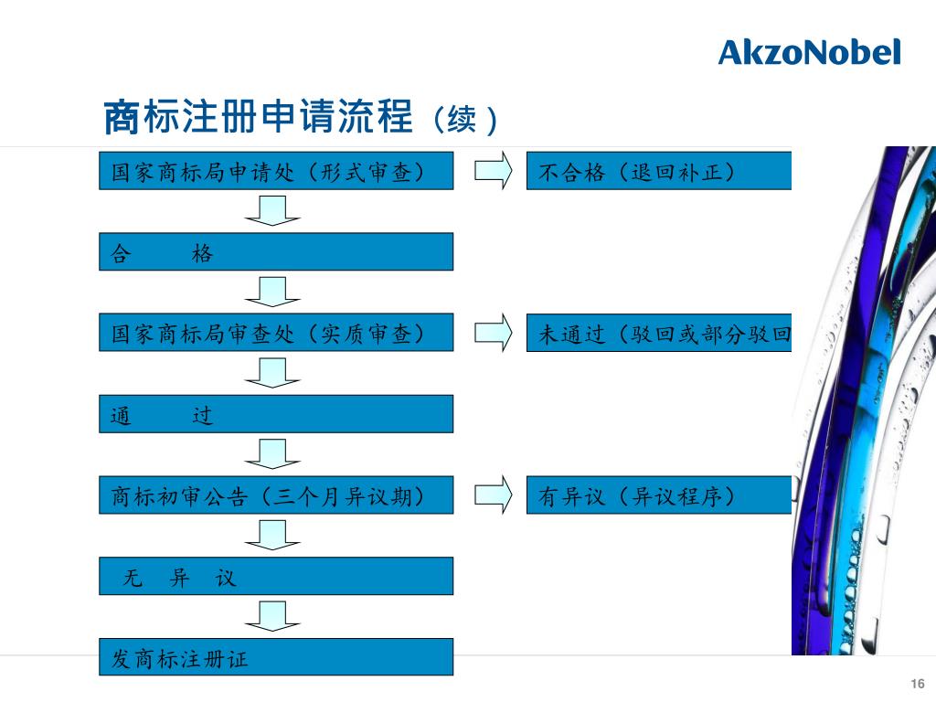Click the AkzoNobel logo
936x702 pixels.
click(809, 52)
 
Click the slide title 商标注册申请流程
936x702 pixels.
click(258, 116)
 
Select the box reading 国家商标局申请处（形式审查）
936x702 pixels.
click(276, 171)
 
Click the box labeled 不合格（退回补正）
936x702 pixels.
click(658, 171)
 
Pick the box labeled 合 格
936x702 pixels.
click(276, 251)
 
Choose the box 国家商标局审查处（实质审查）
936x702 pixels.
click(276, 333)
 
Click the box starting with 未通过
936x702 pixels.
click(658, 333)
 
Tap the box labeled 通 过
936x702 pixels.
click(276, 414)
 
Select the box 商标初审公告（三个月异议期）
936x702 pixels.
click(276, 495)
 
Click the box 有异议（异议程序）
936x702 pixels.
click(658, 495)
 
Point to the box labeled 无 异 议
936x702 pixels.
click(276, 576)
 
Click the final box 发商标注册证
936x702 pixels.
click(276, 656)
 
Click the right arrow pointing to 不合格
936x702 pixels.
click(493, 171)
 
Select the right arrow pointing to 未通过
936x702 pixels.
click(493, 333)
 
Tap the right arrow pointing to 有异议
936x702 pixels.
click(493, 495)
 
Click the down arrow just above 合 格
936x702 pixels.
click(271, 210)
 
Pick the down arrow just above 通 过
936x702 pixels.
click(271, 373)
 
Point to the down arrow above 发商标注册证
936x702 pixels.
click(271, 616)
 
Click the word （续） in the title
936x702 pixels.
click(463, 120)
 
